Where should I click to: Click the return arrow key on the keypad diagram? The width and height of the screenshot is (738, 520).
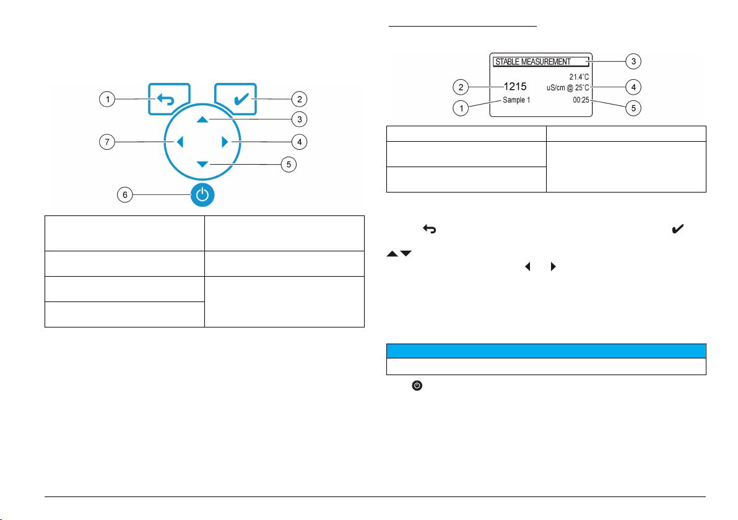[x=169, y=99]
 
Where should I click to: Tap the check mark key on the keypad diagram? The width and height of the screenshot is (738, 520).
[x=237, y=99]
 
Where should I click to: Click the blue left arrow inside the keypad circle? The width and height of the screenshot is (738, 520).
[x=180, y=142]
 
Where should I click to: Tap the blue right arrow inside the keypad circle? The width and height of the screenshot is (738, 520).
[x=225, y=142]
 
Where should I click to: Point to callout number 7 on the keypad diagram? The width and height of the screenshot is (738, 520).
[x=108, y=142]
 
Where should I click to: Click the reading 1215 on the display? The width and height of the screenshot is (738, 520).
[x=514, y=87]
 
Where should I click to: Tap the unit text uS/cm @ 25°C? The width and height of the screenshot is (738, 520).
[x=563, y=88]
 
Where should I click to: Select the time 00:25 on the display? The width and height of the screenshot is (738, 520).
[x=580, y=99]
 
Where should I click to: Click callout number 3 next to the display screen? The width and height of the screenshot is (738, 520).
[x=633, y=61]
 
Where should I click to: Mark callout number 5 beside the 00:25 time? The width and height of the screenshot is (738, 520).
[x=633, y=108]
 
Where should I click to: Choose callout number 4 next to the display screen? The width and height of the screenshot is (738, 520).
[x=633, y=87]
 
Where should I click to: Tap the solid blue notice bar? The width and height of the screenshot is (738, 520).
[x=546, y=350]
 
